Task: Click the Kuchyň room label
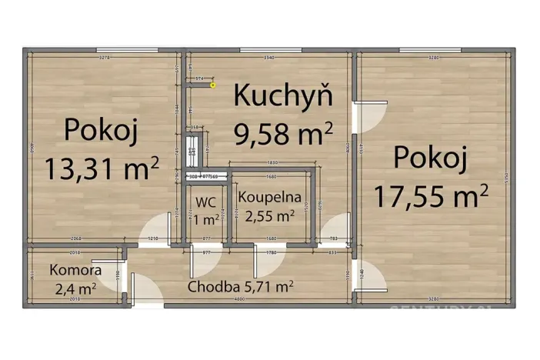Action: (x=282, y=97)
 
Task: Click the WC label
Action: (x=205, y=202)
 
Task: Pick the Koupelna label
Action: (x=268, y=197)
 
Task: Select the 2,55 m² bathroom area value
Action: (x=269, y=216)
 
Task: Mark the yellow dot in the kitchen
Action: (x=213, y=86)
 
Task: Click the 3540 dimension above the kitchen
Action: (x=268, y=58)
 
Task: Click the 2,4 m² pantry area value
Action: (x=75, y=289)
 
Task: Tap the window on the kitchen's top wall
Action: (x=268, y=51)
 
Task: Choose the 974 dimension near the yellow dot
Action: (x=198, y=78)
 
